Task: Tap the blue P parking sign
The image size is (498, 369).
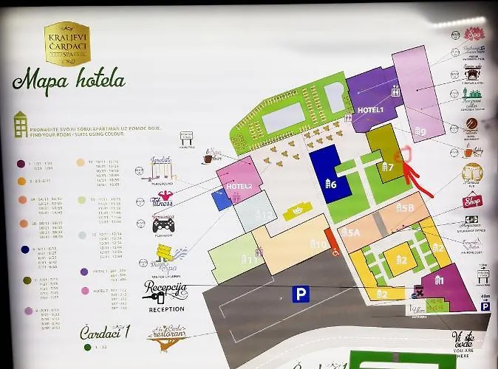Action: point(300,294)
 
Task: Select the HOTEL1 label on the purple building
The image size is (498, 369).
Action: point(370,110)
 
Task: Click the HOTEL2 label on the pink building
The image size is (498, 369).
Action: point(239,186)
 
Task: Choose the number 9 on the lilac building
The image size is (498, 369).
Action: point(420,132)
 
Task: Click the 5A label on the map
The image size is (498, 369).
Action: point(352,232)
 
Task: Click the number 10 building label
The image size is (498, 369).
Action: point(318,244)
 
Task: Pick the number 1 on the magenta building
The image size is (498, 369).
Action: point(439,280)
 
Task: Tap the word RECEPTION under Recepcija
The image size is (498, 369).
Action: point(166,309)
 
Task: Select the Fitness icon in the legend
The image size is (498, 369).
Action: point(162,200)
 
